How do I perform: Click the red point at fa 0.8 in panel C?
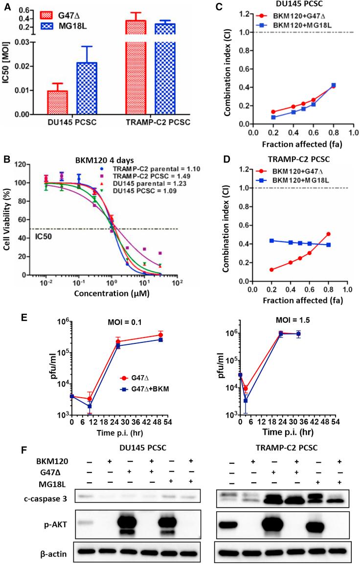(334, 86)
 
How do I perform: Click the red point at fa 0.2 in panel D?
(272, 270)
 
